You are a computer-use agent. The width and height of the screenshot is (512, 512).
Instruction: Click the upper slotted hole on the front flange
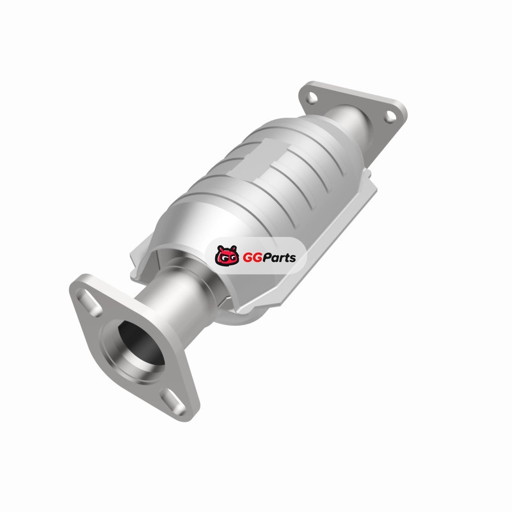click(89, 302)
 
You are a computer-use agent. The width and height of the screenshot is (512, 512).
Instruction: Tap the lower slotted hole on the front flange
click(173, 401)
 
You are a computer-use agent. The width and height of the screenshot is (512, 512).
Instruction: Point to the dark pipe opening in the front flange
click(140, 343)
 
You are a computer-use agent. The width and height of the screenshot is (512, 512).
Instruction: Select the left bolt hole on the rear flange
click(312, 98)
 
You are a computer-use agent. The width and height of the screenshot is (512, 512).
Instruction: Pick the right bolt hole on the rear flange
click(390, 116)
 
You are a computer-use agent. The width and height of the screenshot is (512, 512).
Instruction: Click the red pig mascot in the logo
click(227, 255)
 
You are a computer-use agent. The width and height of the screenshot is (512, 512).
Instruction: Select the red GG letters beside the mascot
click(250, 258)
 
